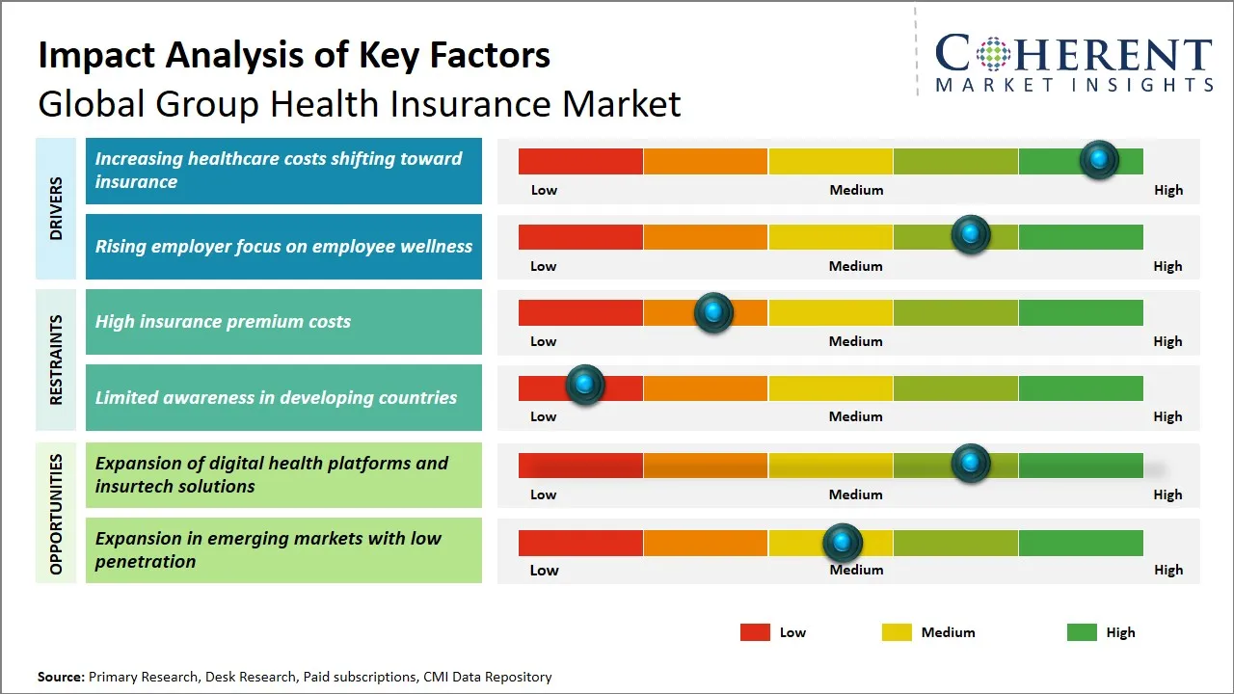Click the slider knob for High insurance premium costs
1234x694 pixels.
[713, 312]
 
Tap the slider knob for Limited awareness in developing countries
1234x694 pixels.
[584, 385]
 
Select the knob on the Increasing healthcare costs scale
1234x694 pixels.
[1099, 159]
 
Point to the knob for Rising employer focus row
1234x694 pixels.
[971, 234]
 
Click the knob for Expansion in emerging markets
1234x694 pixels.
[843, 543]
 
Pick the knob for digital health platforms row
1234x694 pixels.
[971, 464]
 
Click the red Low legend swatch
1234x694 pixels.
[755, 632]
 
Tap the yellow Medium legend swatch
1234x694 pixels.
[897, 632]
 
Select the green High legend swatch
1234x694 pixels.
[1082, 632]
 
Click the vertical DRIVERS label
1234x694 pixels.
[56, 208]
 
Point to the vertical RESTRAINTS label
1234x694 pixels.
[56, 360]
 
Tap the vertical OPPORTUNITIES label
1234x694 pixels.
[56, 514]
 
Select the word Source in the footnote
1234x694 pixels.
[61, 677]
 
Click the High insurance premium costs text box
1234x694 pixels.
[283, 322]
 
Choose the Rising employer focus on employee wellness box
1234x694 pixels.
[283, 247]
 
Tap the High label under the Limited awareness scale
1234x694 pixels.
[1167, 416]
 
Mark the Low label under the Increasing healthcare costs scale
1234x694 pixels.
[544, 190]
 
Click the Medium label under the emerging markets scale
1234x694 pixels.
[856, 570]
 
